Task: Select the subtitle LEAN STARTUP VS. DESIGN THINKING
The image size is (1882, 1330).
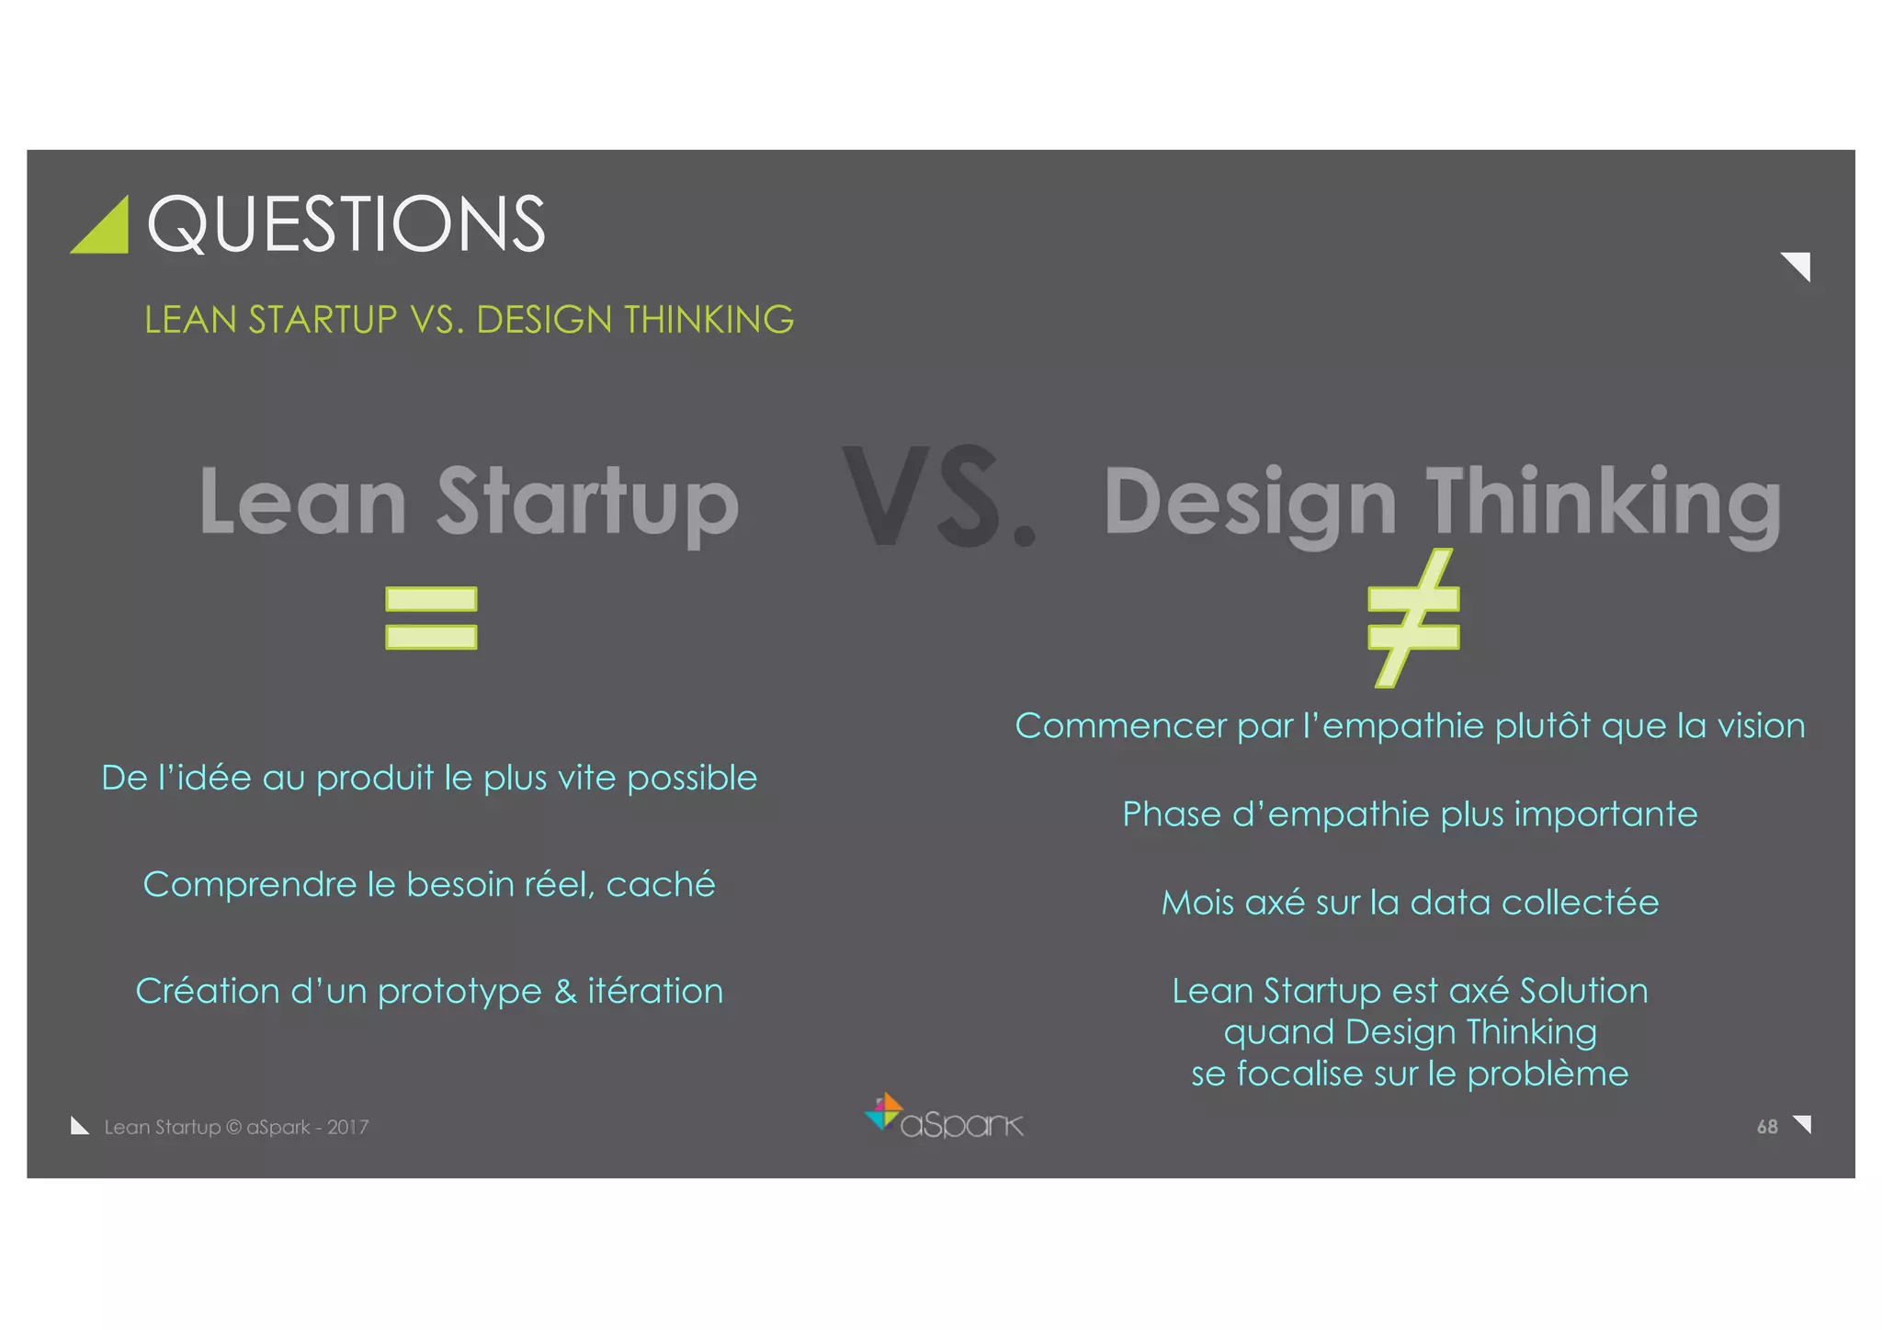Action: coord(469,320)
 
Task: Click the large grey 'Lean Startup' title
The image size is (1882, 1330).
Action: coord(469,501)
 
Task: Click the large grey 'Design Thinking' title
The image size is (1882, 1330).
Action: coord(1441,503)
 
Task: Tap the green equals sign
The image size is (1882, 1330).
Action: coord(431,618)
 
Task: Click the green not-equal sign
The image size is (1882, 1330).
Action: coord(1413,618)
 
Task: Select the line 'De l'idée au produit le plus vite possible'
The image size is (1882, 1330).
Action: coord(429,778)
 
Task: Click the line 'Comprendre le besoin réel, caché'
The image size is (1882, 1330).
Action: coord(429,884)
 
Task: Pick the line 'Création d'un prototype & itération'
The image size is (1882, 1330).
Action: coord(429,991)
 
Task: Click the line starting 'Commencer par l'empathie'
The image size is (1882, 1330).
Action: coord(1410,726)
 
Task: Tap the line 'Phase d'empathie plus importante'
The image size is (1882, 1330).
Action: coord(1410,814)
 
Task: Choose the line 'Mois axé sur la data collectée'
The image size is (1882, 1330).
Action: coord(1410,903)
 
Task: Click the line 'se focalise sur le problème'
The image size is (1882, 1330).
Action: coord(1410,1074)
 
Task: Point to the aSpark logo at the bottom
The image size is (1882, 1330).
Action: coord(944,1118)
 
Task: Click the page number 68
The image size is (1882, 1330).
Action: coord(1766,1127)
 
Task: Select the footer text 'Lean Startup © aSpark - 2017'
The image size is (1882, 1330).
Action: coord(236,1127)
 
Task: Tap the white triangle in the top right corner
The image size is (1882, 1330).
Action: coord(1798,265)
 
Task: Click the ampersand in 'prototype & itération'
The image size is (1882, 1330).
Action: coord(564,991)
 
